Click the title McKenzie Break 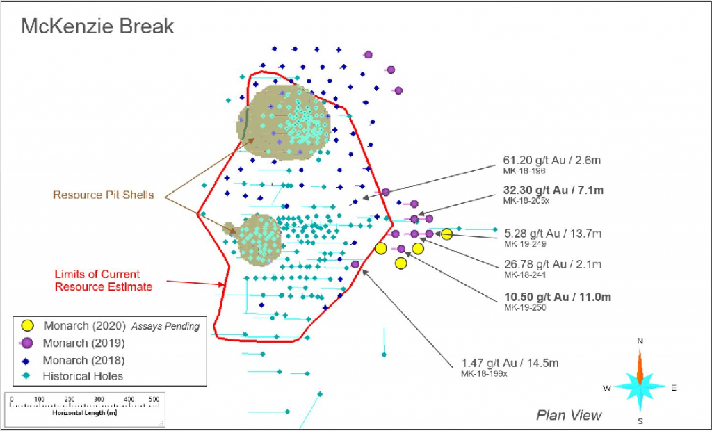pyautogui.click(x=97, y=27)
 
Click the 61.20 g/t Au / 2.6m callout pyautogui.click(x=552, y=161)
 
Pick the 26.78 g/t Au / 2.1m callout pyautogui.click(x=553, y=264)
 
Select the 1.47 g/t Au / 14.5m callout pyautogui.click(x=510, y=363)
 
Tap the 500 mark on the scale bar pyautogui.click(x=154, y=399)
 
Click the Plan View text pyautogui.click(x=569, y=415)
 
